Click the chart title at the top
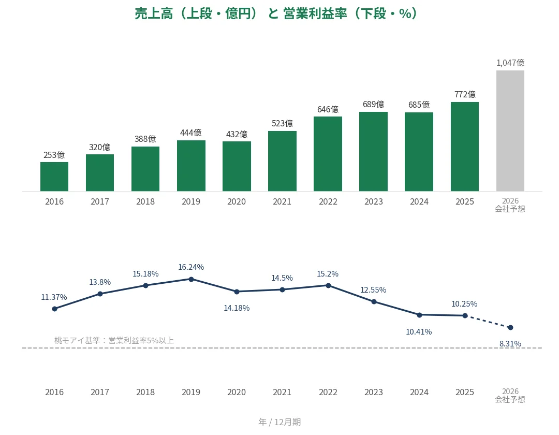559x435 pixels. coord(275,13)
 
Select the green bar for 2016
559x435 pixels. coord(54,177)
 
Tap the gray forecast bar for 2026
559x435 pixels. coord(510,131)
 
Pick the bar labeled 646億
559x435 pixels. coord(328,154)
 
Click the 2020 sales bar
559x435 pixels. coord(237,166)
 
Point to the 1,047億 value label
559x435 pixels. coord(510,63)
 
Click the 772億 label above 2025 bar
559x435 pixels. coord(465,94)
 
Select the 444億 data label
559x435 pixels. coord(190,133)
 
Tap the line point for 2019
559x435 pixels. coord(191,279)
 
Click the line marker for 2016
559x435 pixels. coord(54,309)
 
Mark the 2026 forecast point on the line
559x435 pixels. coord(510,327)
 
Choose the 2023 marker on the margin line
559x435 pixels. coord(374,301)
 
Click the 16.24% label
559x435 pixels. coord(191,267)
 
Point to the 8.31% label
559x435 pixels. coord(510,344)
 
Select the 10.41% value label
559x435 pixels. coord(419,332)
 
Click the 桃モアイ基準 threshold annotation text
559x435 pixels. coord(114,341)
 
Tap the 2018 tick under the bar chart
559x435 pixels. coord(145,201)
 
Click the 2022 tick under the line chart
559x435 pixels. coord(328,392)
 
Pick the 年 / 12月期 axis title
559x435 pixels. coord(279,422)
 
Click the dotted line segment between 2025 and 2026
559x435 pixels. coord(488,321)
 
